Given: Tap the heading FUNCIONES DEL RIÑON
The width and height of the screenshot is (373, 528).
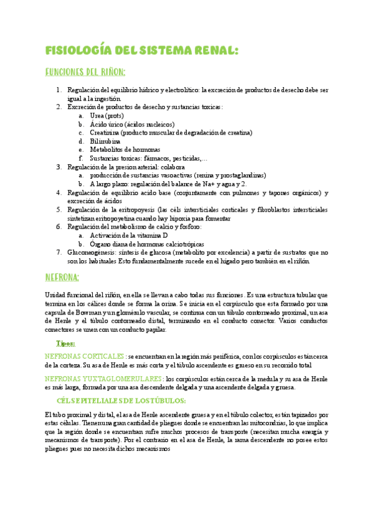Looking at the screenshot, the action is [85, 72].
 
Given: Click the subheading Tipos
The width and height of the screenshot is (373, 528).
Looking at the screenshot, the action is [65, 344].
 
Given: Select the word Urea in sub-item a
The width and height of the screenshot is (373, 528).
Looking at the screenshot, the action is [97, 116].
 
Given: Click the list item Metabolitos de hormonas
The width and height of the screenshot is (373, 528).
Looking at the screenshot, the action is [125, 150].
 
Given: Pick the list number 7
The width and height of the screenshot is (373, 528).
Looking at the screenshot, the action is [59, 252].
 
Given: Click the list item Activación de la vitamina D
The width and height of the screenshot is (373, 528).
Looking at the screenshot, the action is [129, 236].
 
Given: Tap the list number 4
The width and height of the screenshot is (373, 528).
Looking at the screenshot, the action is [59, 193].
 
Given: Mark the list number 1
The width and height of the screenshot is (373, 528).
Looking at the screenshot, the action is [59, 90].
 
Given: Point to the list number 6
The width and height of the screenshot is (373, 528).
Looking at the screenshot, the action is [59, 227].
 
